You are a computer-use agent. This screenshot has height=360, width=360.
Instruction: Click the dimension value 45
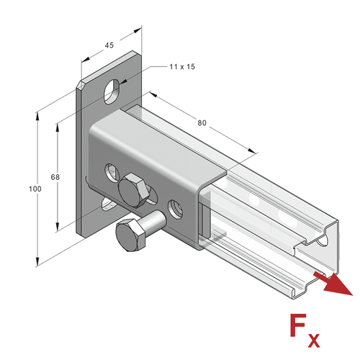click(109, 45)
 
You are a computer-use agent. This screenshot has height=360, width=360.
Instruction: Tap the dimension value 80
click(202, 123)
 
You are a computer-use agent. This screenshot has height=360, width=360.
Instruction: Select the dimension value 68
click(55, 177)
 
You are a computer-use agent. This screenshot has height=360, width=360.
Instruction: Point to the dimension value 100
click(35, 189)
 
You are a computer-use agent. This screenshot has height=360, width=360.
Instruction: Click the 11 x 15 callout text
click(182, 67)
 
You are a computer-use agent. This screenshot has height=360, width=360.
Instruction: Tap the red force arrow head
click(338, 285)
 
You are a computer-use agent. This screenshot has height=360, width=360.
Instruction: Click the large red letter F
click(297, 325)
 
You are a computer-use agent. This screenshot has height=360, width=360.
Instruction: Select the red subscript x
click(313, 340)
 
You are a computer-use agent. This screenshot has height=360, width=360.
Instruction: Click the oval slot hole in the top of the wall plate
click(112, 91)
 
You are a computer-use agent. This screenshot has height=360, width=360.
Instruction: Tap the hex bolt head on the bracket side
click(132, 190)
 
